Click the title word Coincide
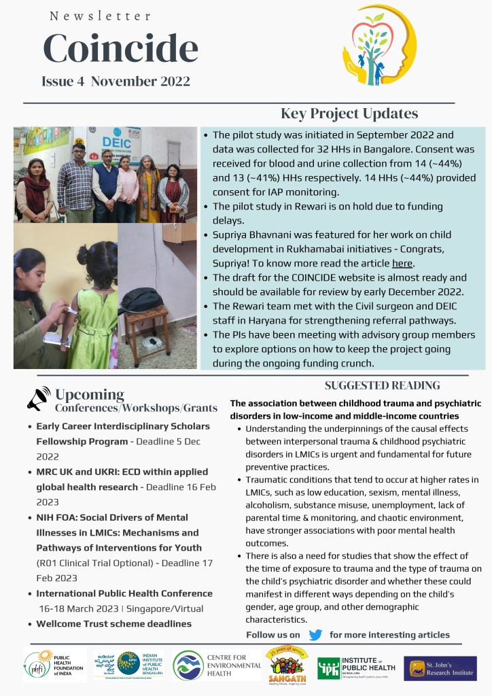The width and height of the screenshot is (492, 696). click(120, 48)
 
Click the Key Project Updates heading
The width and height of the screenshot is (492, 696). click(349, 114)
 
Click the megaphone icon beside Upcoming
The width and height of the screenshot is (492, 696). click(39, 399)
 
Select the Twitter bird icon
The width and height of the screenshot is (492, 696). click(315, 635)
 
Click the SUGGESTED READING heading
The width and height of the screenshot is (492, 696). click(382, 385)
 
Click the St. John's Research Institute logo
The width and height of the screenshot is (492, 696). click(440, 668)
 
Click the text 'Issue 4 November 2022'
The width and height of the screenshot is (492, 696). click(116, 82)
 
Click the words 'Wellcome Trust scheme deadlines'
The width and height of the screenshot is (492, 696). click(113, 623)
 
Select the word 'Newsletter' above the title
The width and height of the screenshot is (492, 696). click(101, 16)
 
